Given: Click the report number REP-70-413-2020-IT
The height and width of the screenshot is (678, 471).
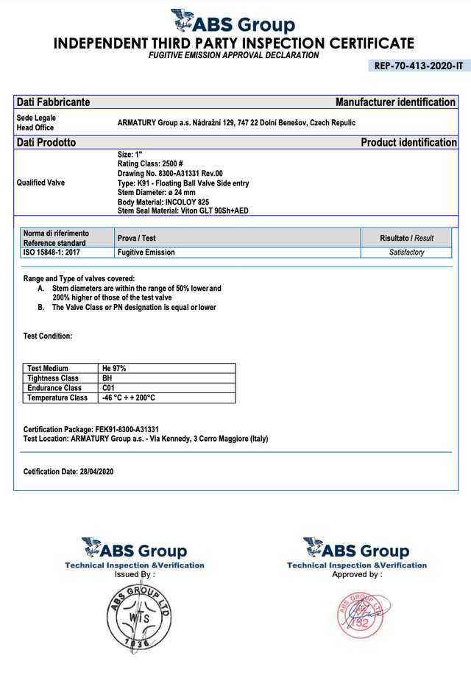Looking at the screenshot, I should tap(418, 66).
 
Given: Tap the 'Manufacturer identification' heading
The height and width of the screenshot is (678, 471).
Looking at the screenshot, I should tap(395, 102).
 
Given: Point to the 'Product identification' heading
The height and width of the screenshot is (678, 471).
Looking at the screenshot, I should tap(408, 142).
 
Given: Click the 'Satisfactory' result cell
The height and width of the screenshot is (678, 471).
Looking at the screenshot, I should tap(406, 253).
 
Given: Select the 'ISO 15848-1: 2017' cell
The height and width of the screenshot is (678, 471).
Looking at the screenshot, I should tap(52, 253).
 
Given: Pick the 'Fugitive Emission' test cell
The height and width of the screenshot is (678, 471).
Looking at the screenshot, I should tap(146, 253).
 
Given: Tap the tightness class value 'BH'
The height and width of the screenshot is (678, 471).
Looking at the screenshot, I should tap(107, 378).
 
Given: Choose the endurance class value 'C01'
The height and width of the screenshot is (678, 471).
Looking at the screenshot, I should tap(109, 387).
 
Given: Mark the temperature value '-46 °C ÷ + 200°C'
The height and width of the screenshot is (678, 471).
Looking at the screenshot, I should tap(129, 398).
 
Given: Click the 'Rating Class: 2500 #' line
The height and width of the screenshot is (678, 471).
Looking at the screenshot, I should tap(150, 163).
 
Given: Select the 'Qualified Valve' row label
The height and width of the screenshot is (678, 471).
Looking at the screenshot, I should tap(40, 183).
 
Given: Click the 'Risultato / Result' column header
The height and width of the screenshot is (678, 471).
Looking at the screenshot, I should tap(406, 239).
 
